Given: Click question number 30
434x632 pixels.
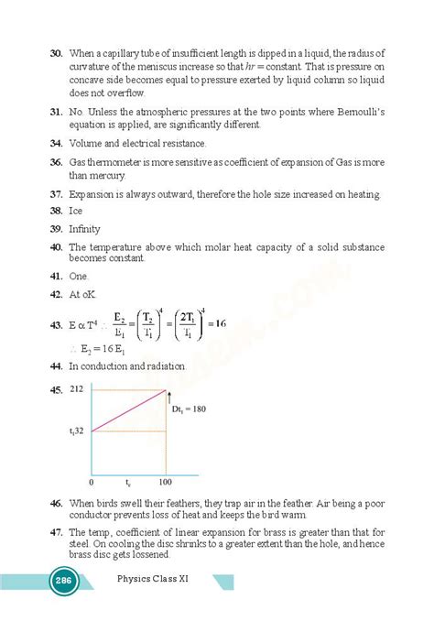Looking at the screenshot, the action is point(56,53).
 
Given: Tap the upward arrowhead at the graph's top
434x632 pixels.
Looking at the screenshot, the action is point(168,394).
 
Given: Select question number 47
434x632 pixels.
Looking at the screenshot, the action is point(56,531).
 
